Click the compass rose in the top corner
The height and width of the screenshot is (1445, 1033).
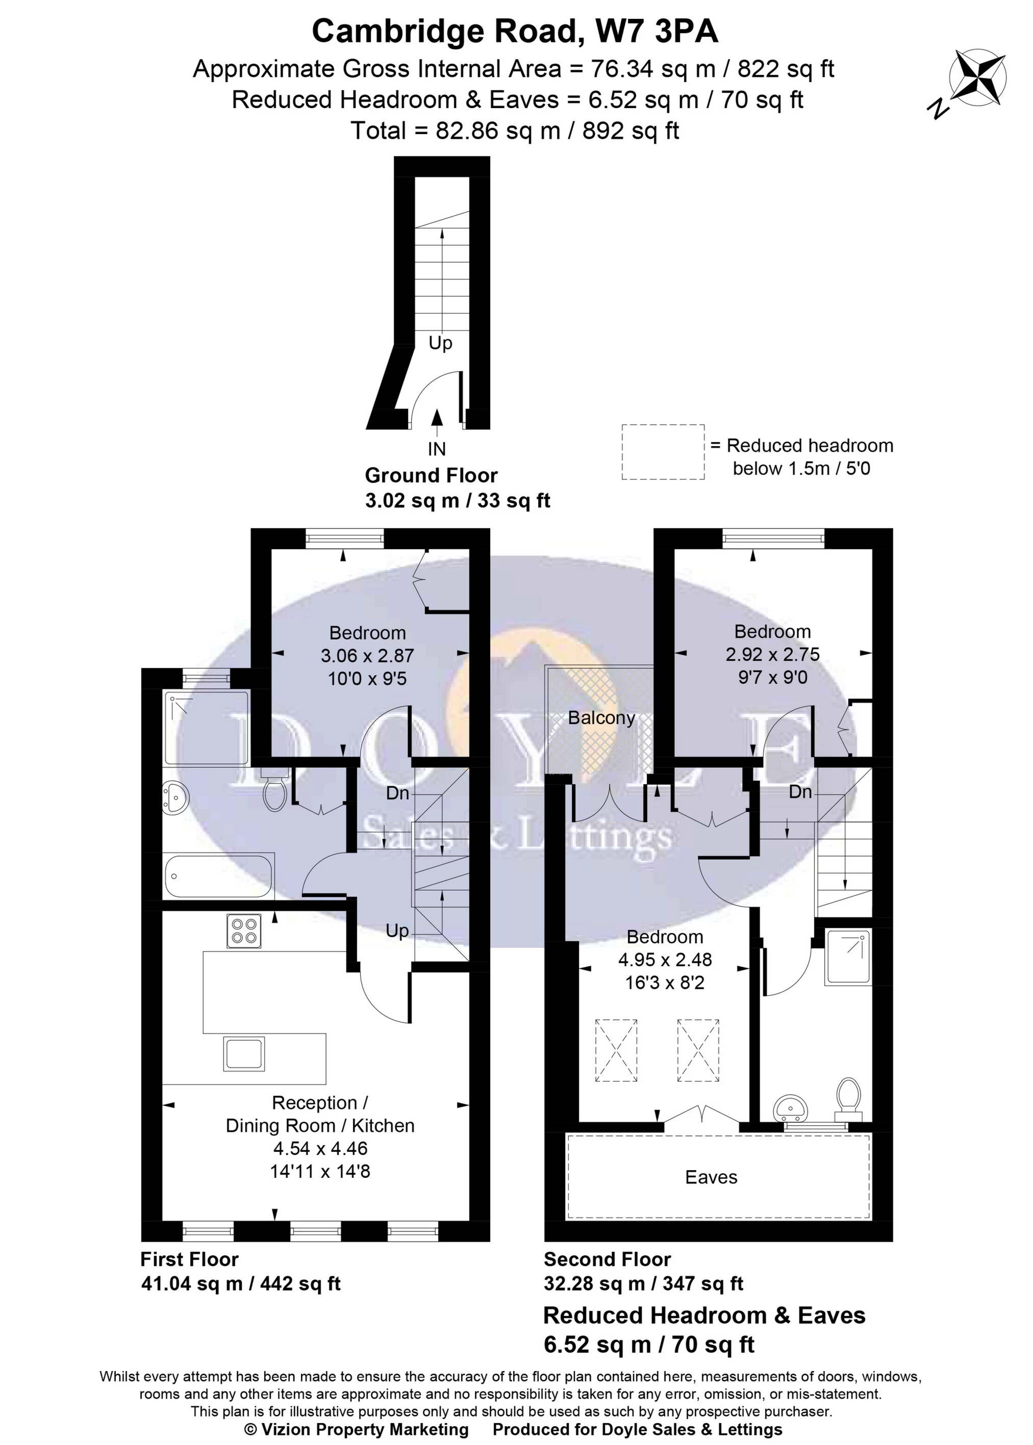point(977,78)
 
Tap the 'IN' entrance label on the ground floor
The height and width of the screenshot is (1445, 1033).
point(436,449)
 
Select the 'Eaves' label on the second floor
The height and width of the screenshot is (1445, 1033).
point(711,1177)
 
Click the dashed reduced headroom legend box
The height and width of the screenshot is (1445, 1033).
point(663,452)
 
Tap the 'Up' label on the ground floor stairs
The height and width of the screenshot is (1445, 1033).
point(440,343)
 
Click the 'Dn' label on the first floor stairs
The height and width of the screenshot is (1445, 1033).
point(397,793)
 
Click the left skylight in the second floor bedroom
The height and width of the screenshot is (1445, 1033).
point(616,1050)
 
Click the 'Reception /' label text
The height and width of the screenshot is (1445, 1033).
point(320,1103)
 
